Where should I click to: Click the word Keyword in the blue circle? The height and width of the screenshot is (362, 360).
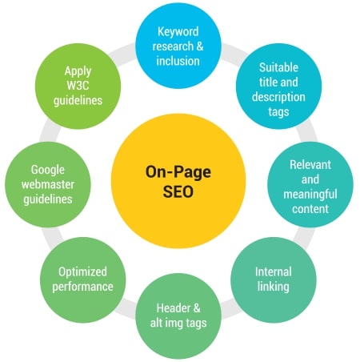tap(178, 32)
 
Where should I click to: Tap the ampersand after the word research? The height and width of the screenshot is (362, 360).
tap(200, 46)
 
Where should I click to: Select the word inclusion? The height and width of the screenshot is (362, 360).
tap(178, 61)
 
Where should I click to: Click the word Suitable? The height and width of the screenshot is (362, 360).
tap(278, 67)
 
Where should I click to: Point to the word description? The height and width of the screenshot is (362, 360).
tap(278, 97)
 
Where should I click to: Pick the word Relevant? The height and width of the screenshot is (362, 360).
tap(310, 164)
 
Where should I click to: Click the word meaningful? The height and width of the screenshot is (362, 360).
tap(310, 195)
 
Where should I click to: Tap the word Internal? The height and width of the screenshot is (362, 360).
tap(274, 271)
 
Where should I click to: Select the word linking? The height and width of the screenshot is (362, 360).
tap(274, 287)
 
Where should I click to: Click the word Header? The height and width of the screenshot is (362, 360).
tap(170, 308)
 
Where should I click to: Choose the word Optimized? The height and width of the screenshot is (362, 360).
tap(82, 272)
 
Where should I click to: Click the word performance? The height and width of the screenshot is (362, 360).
tap(82, 287)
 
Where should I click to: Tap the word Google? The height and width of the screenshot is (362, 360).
tap(48, 170)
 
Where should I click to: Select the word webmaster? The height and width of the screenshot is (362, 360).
tap(48, 184)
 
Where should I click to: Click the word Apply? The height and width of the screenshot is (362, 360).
tap(78, 71)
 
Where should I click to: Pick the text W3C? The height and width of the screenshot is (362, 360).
tap(78, 86)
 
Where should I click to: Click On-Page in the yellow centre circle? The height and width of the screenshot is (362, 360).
tap(178, 172)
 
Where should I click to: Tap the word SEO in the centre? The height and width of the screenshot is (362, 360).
tap(178, 191)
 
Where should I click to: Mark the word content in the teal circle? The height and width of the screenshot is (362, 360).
tap(310, 209)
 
